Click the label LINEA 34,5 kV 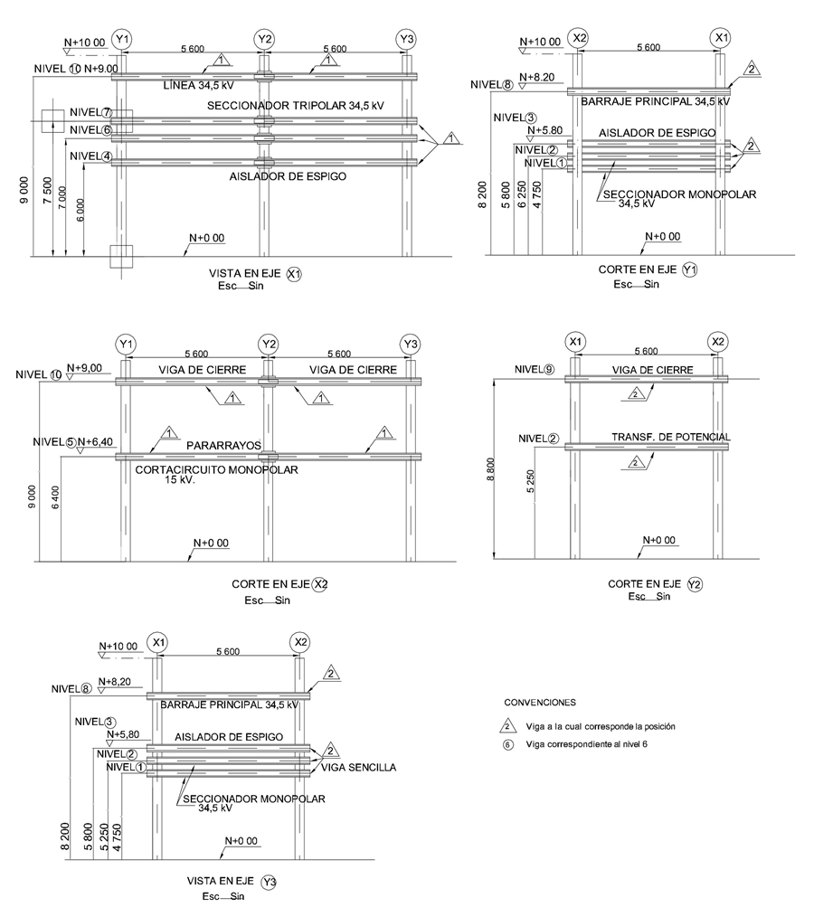coord(210,87)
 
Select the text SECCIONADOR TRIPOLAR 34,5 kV coord(291,106)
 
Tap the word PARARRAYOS coord(223,446)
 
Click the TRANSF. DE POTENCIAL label coord(670,437)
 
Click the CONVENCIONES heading coord(539,702)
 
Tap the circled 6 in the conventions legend coord(509,745)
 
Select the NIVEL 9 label coord(538,369)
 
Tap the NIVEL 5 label coord(53,442)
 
